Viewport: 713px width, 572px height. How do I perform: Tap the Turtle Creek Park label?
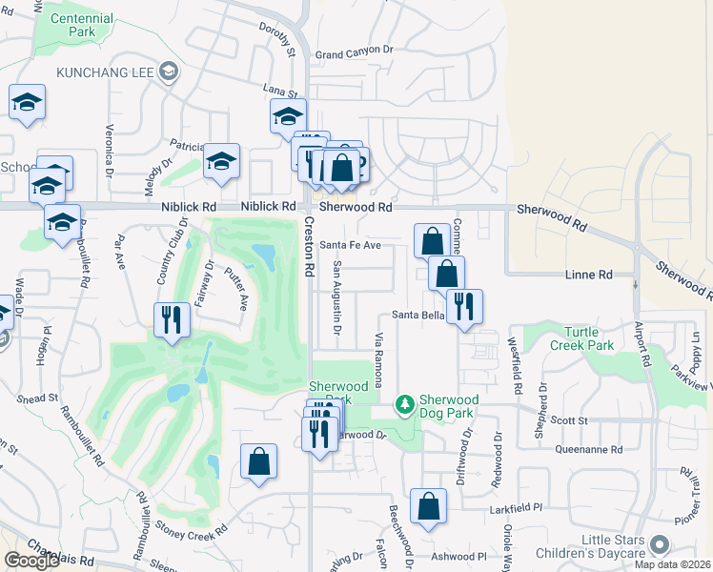(576, 339)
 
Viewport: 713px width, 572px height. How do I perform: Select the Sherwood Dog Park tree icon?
(405, 404)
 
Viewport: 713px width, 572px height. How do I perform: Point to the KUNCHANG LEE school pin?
(169, 71)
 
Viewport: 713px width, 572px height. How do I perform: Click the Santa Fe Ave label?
(350, 245)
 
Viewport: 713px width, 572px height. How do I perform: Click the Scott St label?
(569, 419)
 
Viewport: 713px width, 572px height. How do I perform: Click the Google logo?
(31, 561)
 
